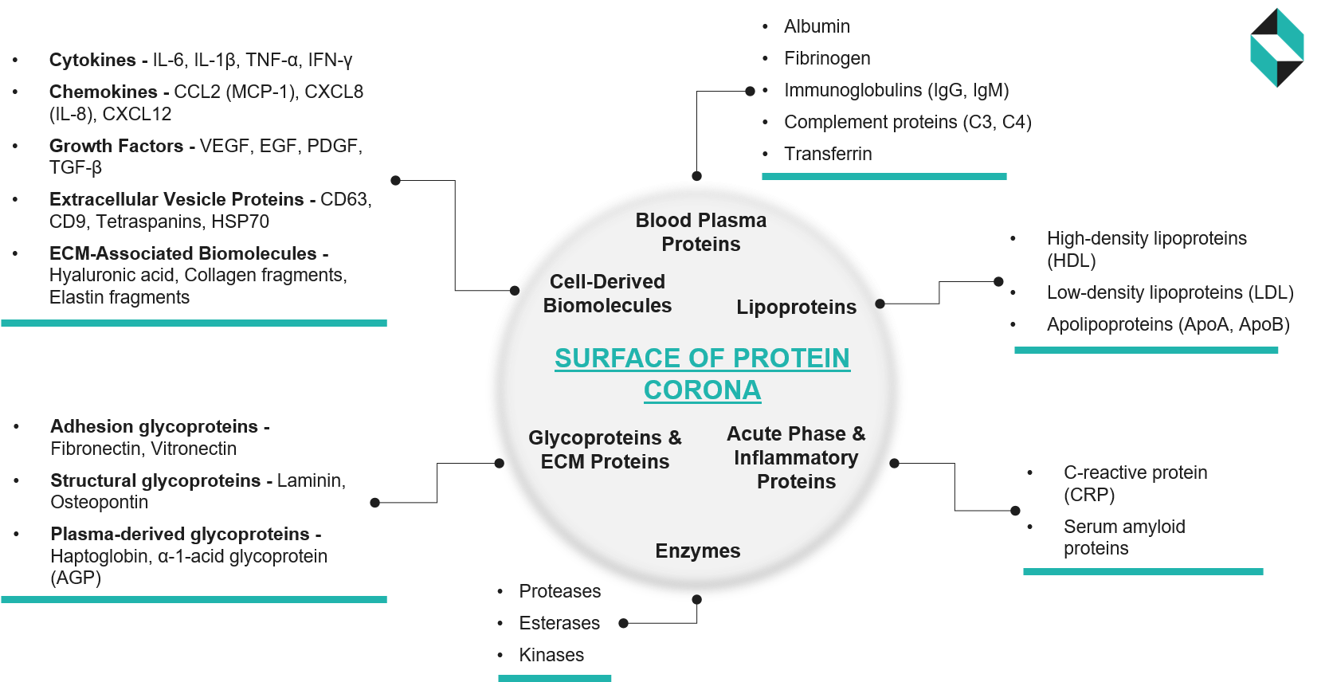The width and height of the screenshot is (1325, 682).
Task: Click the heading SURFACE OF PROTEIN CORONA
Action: [702, 374]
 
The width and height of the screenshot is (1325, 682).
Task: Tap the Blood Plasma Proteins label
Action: [701, 232]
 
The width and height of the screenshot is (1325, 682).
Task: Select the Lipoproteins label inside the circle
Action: [796, 308]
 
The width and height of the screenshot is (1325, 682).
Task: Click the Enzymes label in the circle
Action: [698, 551]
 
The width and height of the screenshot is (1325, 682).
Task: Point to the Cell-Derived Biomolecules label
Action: [607, 293]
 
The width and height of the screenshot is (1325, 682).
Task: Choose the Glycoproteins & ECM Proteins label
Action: [605, 449]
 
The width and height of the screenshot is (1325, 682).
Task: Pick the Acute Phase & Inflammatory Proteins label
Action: [796, 457]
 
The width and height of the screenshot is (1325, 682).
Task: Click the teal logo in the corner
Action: [1276, 48]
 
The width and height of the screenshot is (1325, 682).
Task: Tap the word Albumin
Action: [817, 26]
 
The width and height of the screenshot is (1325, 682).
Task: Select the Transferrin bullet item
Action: [828, 154]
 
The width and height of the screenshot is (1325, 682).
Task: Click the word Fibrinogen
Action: [827, 58]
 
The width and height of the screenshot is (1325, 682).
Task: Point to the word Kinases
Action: [551, 655]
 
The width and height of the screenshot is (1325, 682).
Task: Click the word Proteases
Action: [560, 591]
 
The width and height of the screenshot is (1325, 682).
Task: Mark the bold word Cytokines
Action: [92, 60]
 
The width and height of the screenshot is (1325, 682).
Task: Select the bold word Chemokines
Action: [104, 92]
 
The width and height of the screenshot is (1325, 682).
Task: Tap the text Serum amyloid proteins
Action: [1123, 537]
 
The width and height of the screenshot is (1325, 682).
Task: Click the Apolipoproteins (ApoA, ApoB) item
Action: [1168, 324]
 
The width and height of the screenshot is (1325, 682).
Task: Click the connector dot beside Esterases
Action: [623, 623]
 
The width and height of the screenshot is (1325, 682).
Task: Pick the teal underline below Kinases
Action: [555, 678]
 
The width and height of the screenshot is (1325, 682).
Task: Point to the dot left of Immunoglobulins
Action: [750, 91]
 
